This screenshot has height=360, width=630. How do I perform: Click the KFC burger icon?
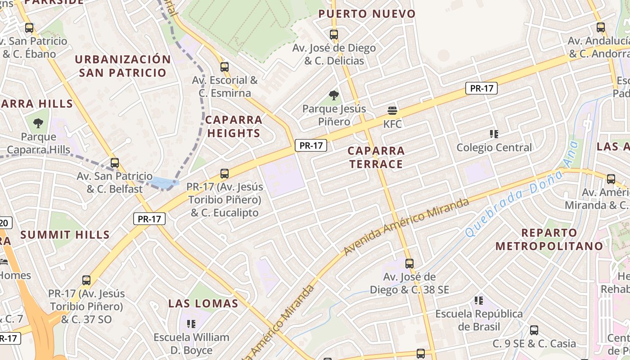[392, 111]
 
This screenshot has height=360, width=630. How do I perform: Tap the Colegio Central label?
[494, 148]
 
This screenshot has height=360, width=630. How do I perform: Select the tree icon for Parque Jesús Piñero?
[333, 95]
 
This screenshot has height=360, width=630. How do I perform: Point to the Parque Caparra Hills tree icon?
[38, 123]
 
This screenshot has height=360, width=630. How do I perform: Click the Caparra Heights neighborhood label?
[234, 126]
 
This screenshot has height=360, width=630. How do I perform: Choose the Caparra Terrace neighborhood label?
[376, 157]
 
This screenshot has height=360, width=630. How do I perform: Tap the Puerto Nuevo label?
[367, 14]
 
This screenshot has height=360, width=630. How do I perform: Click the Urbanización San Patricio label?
[122, 66]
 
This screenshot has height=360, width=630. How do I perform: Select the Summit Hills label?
[65, 234]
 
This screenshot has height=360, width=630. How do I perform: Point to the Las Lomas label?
[203, 303]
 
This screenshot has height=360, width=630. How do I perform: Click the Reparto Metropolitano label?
[549, 239]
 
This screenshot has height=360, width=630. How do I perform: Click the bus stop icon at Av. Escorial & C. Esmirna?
[225, 67]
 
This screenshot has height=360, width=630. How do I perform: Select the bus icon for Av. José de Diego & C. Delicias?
[333, 34]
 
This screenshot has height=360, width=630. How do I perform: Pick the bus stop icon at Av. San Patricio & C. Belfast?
[115, 163]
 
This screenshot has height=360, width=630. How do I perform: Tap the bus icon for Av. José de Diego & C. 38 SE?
[409, 263]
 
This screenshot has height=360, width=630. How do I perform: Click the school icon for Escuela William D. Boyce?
[191, 324]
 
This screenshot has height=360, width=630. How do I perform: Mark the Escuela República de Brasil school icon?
[478, 301]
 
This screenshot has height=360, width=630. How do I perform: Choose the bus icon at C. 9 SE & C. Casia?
[534, 330]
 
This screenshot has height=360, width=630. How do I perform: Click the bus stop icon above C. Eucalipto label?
[224, 173]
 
